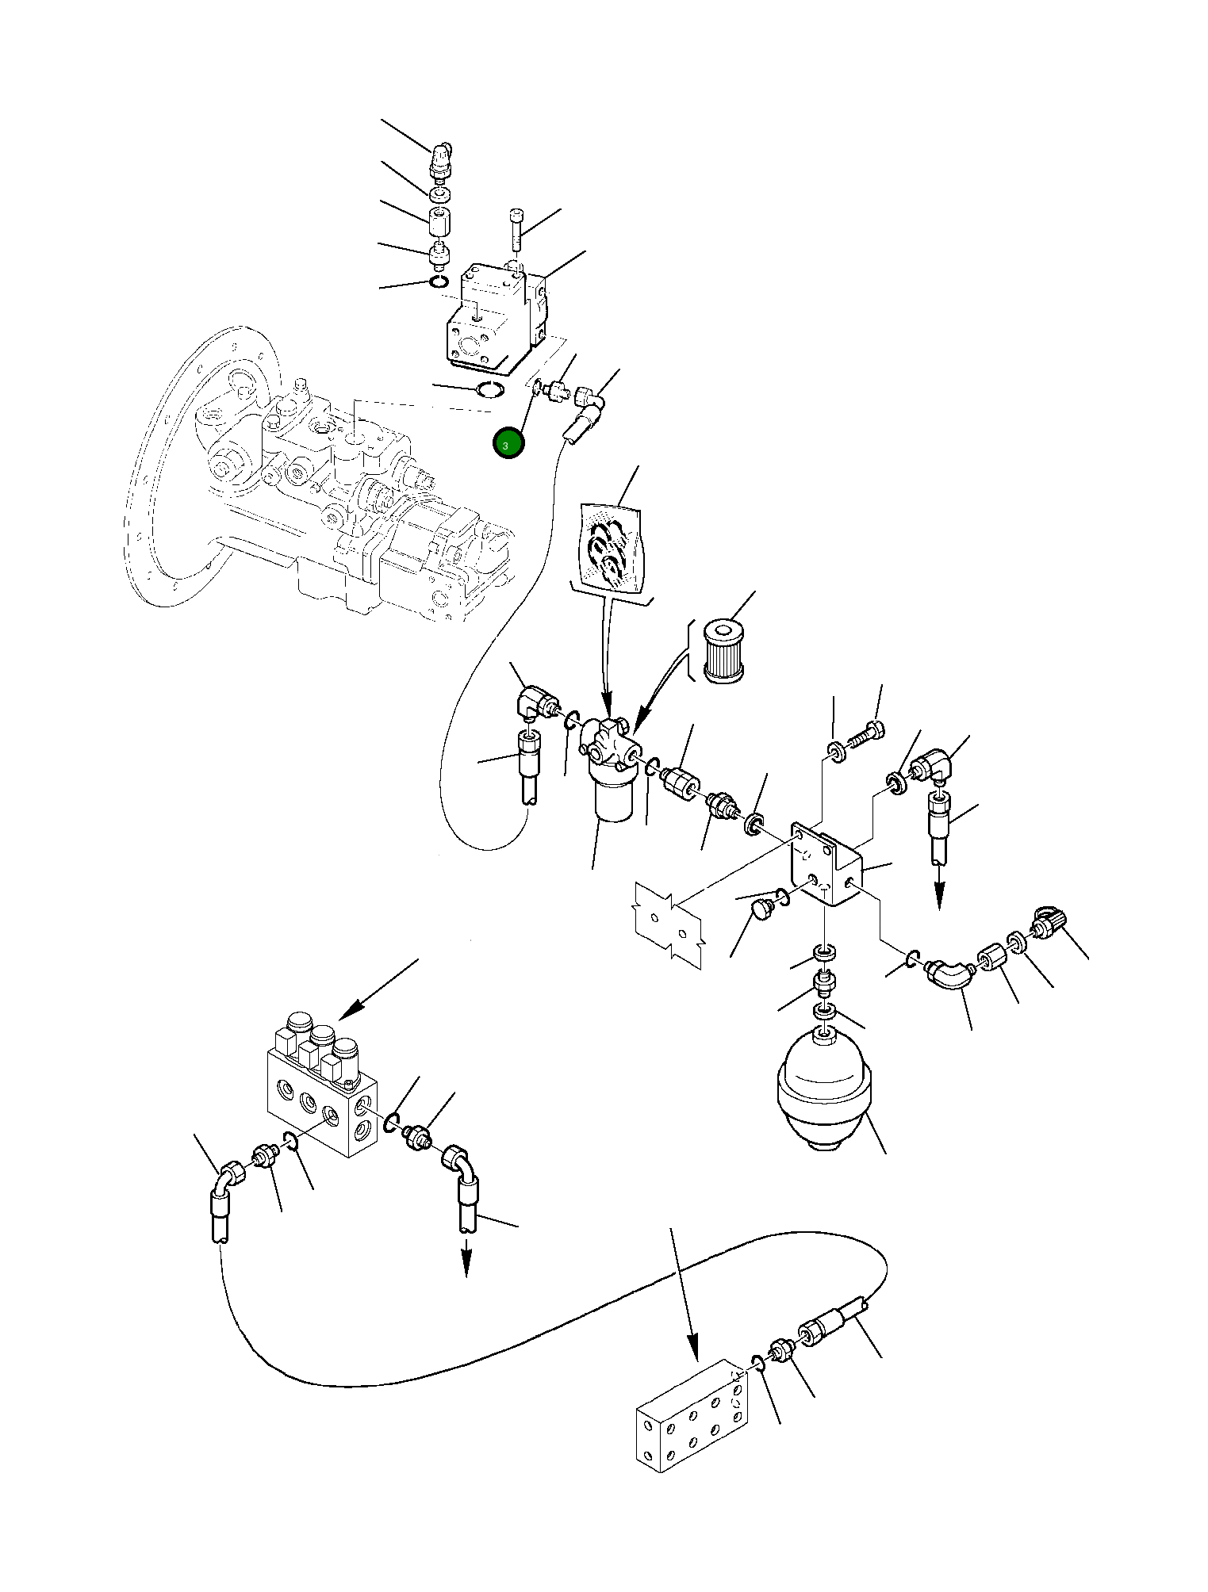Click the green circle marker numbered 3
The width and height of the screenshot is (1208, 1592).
(x=508, y=444)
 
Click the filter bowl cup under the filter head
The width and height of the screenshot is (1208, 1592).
(x=612, y=799)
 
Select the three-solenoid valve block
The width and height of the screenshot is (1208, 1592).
(x=321, y=1090)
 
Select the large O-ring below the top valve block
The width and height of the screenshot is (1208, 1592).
(x=488, y=389)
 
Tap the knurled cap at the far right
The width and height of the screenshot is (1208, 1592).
(x=1048, y=923)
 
